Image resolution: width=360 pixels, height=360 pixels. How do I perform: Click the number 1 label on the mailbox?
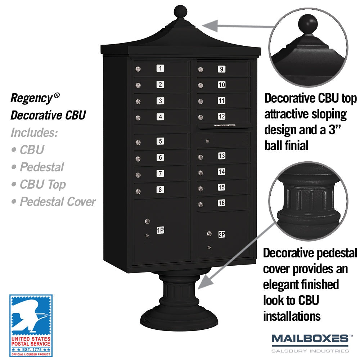pyautogui.click(x=160, y=68)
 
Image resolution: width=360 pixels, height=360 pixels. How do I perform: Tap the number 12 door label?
pyautogui.click(x=221, y=116)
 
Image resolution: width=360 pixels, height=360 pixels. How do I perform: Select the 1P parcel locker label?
pyautogui.click(x=160, y=230)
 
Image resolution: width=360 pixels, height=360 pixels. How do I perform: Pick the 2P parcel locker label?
pyautogui.click(x=222, y=234)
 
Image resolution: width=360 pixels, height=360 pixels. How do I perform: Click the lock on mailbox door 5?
pyautogui.click(x=138, y=143)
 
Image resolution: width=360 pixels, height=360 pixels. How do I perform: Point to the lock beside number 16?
pyautogui.click(x=201, y=204)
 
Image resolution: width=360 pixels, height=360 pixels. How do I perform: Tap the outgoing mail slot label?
pyautogui.click(x=225, y=125)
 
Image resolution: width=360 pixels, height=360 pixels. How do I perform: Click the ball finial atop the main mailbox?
pyautogui.click(x=180, y=12)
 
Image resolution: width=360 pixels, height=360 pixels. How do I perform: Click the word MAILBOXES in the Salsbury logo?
pyautogui.click(x=310, y=339)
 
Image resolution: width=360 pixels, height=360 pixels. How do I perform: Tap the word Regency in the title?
pyautogui.click(x=32, y=98)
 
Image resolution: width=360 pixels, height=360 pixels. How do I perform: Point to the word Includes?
pyautogui.click(x=34, y=132)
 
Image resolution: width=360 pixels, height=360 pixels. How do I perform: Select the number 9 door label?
pyautogui.click(x=221, y=69)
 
